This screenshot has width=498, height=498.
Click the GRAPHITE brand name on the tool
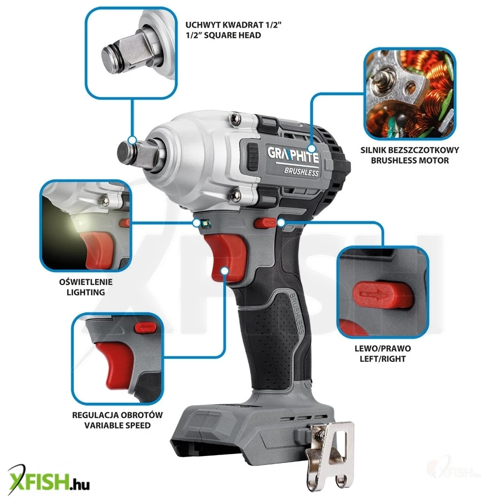[x=293, y=155]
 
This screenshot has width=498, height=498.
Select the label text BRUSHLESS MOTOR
[x=409, y=160]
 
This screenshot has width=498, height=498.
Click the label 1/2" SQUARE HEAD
[x=223, y=35]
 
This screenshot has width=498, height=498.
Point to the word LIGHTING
[x=86, y=292]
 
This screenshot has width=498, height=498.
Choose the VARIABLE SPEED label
[x=117, y=425]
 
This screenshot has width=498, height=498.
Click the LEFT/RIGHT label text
[x=383, y=359]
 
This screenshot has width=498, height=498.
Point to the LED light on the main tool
[x=205, y=223]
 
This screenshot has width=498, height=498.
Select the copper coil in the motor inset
[x=435, y=73]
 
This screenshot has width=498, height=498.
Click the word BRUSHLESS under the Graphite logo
[x=301, y=172]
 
